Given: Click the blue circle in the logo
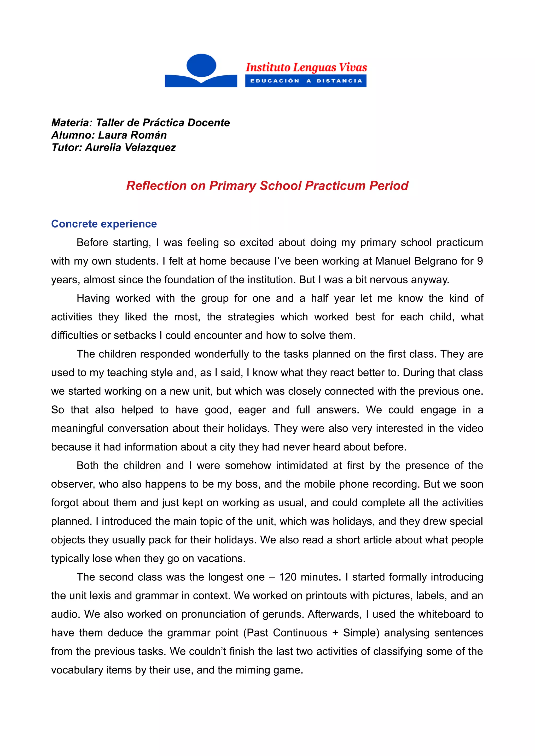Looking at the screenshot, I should coord(201,65).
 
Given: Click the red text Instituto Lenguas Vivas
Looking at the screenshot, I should coord(306,68).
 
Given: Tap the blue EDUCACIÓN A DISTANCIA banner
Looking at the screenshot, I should coord(306,81).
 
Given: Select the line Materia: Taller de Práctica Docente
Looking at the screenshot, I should coord(141,123).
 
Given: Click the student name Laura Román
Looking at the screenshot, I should coord(132,135).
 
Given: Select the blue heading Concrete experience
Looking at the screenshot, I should coord(104,224).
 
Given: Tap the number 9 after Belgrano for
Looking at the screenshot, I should coord(480,261).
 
